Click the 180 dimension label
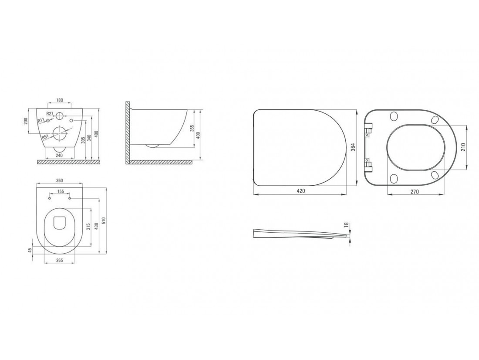point(60,100)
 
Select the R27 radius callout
point(50,113)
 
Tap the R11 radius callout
point(40,121)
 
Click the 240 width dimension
point(60,156)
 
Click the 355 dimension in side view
point(192,128)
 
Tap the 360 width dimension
point(60,181)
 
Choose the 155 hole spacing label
point(61,191)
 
